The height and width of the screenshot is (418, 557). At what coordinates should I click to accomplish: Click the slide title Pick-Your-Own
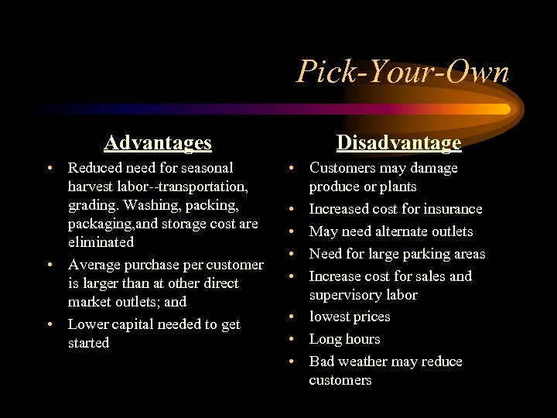(403, 73)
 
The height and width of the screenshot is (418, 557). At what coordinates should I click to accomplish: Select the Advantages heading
(158, 142)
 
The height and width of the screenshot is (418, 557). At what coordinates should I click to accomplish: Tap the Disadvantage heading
(398, 142)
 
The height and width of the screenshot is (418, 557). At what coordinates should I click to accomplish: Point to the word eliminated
(101, 242)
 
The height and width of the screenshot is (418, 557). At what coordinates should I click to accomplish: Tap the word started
(89, 343)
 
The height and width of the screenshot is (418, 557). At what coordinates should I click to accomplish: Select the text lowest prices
(350, 317)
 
